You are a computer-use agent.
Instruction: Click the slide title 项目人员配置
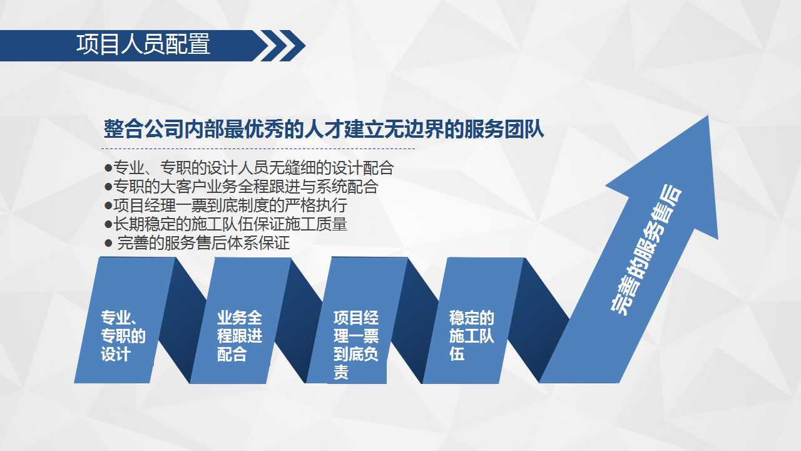pyautogui.click(x=143, y=44)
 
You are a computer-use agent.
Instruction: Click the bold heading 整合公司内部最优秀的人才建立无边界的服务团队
pyautogui.click(x=324, y=129)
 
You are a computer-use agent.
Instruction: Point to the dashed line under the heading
pyautogui.click(x=258, y=148)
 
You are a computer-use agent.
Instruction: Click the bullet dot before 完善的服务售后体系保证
pyautogui.click(x=108, y=244)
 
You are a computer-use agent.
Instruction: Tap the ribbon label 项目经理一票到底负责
pyautogui.click(x=356, y=345)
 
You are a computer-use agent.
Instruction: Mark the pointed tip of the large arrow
pyautogui.click(x=708, y=116)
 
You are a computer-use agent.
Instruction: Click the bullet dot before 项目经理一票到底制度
pyautogui.click(x=108, y=206)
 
